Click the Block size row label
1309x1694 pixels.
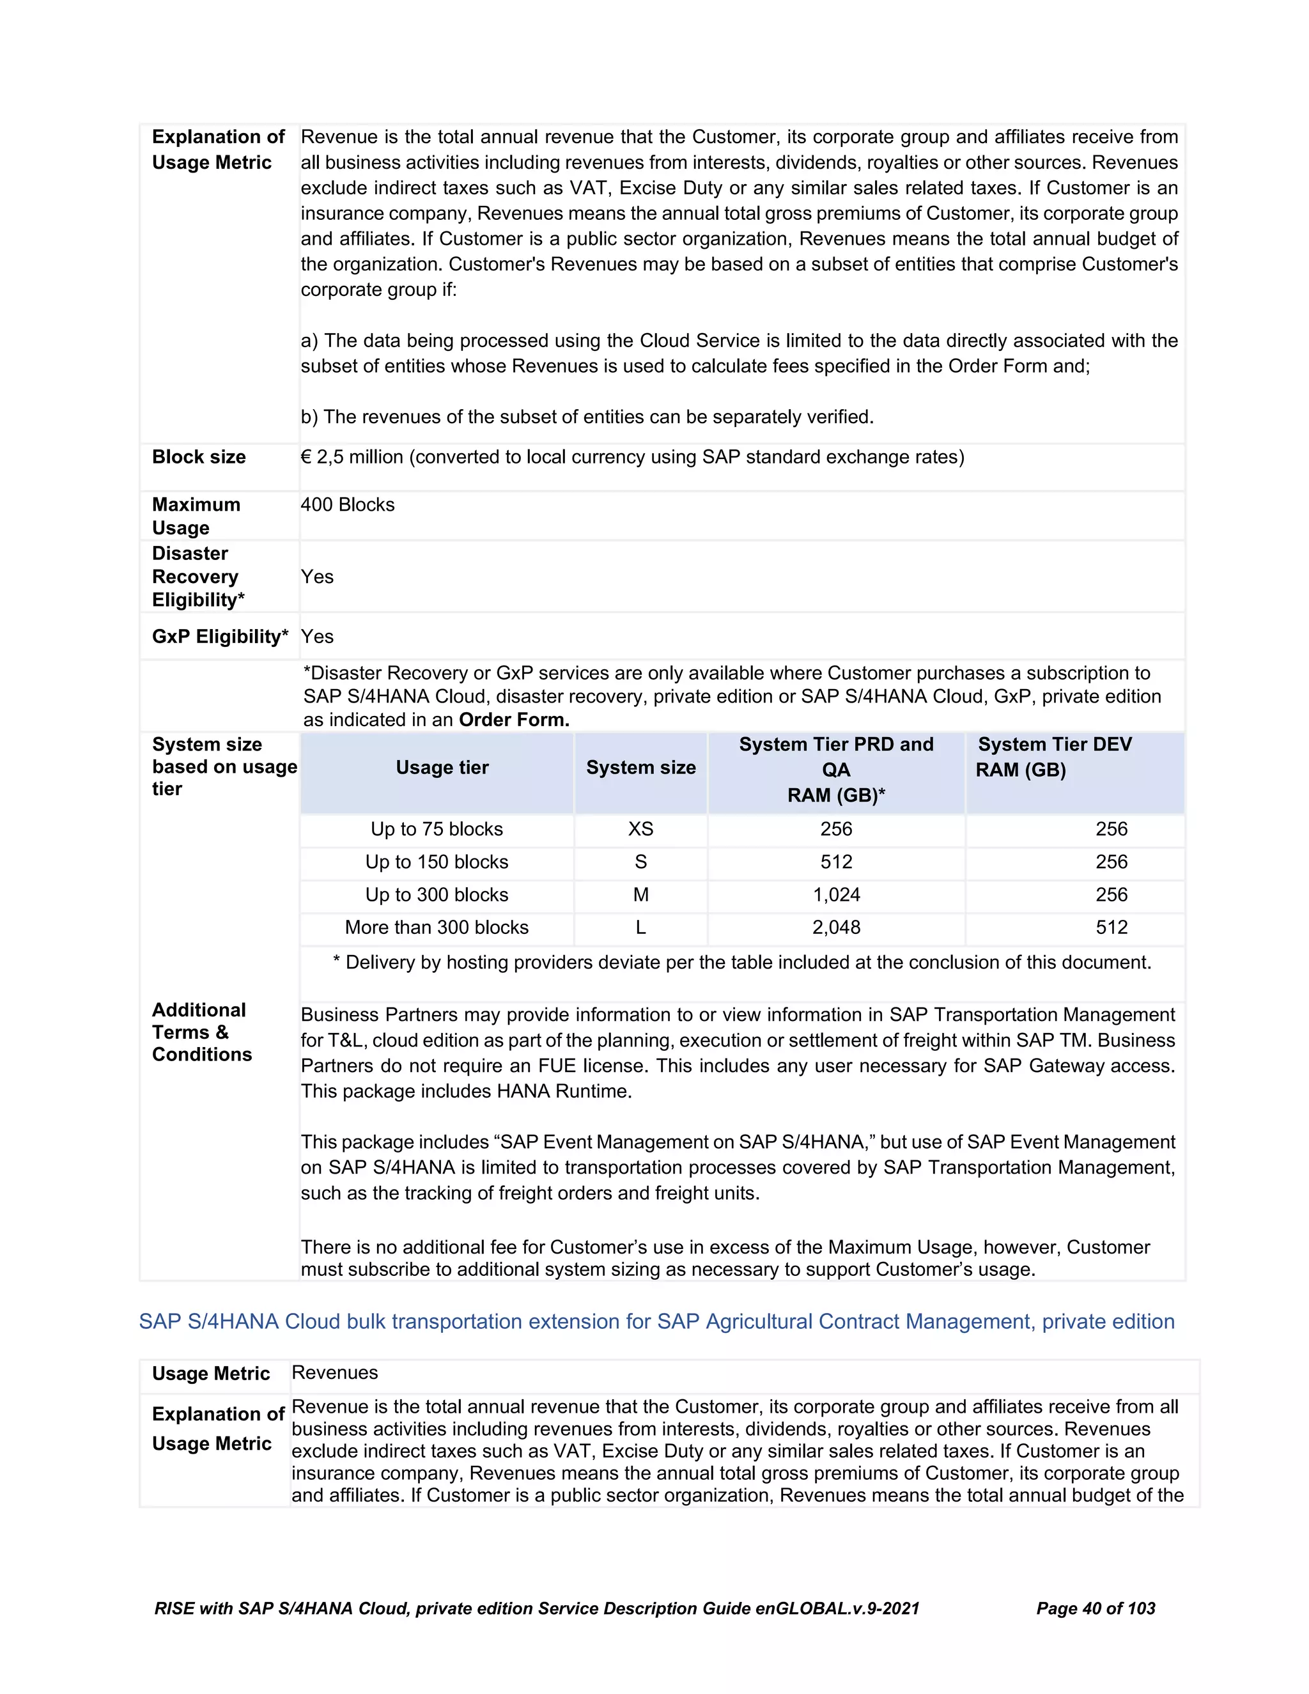coord(199,457)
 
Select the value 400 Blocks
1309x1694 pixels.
coord(348,505)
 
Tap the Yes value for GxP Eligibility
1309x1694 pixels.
coord(317,637)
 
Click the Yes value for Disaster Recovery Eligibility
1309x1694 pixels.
coord(317,577)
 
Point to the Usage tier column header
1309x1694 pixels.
coord(442,768)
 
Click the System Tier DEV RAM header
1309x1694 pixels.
coord(1054,757)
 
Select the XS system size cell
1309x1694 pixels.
coord(640,829)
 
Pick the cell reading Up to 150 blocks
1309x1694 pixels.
coord(437,862)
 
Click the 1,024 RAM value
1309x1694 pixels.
coord(836,895)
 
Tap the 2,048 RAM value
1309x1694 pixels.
coord(836,928)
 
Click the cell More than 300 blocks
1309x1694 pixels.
coord(437,928)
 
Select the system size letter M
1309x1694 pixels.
coord(640,895)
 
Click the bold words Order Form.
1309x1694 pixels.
coord(514,720)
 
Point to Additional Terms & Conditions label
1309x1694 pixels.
coord(201,1032)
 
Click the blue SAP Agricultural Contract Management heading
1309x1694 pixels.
coord(656,1322)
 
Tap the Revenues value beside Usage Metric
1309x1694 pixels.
coord(334,1373)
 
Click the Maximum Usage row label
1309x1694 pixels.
coord(196,516)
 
